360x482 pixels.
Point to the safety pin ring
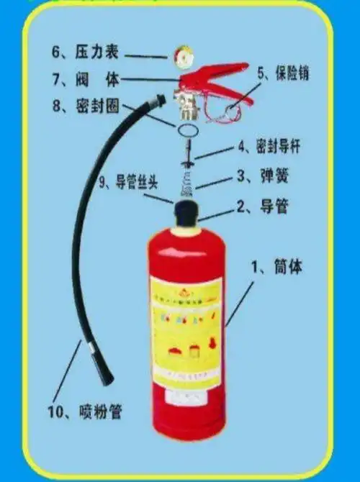click(233, 111)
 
